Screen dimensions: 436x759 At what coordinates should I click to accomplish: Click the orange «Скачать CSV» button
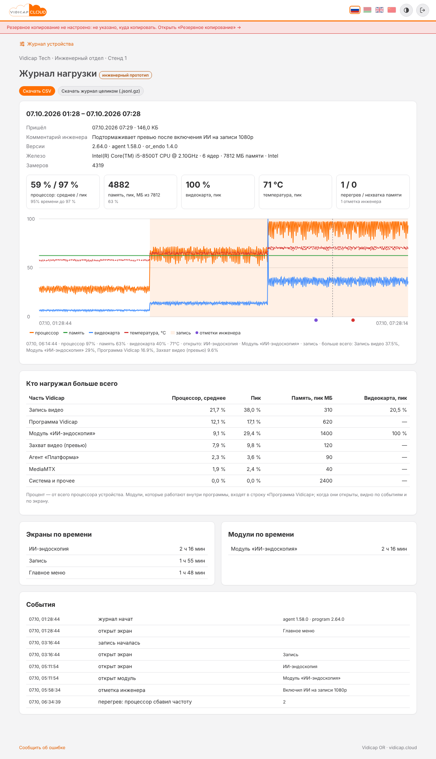pyautogui.click(x=37, y=91)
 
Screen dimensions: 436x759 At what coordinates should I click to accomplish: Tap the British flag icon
pyautogui.click(x=379, y=10)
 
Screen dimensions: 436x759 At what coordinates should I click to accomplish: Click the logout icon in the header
pyautogui.click(x=423, y=10)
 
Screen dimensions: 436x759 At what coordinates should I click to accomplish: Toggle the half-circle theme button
pyautogui.click(x=406, y=10)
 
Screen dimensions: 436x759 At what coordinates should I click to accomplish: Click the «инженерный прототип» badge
pyautogui.click(x=125, y=75)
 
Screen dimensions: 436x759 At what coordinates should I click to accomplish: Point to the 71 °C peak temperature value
pyautogui.click(x=273, y=185)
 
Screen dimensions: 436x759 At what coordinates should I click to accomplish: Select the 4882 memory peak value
pyautogui.click(x=119, y=185)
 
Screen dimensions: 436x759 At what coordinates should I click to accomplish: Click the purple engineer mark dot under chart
pyautogui.click(x=316, y=320)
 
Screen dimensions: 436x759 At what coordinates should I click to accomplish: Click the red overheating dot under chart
pyautogui.click(x=353, y=320)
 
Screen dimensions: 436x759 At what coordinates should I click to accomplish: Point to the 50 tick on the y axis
pyautogui.click(x=30, y=268)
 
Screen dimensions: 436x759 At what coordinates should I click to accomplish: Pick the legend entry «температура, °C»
pyautogui.click(x=145, y=333)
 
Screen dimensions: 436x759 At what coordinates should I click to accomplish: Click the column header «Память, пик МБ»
pyautogui.click(x=312, y=398)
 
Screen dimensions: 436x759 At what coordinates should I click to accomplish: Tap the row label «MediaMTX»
pyautogui.click(x=42, y=469)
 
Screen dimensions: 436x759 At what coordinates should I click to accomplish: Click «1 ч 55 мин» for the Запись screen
pyautogui.click(x=192, y=561)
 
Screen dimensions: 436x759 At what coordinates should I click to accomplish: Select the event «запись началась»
pyautogui.click(x=119, y=643)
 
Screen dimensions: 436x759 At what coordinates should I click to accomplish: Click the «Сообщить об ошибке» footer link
pyautogui.click(x=42, y=748)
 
